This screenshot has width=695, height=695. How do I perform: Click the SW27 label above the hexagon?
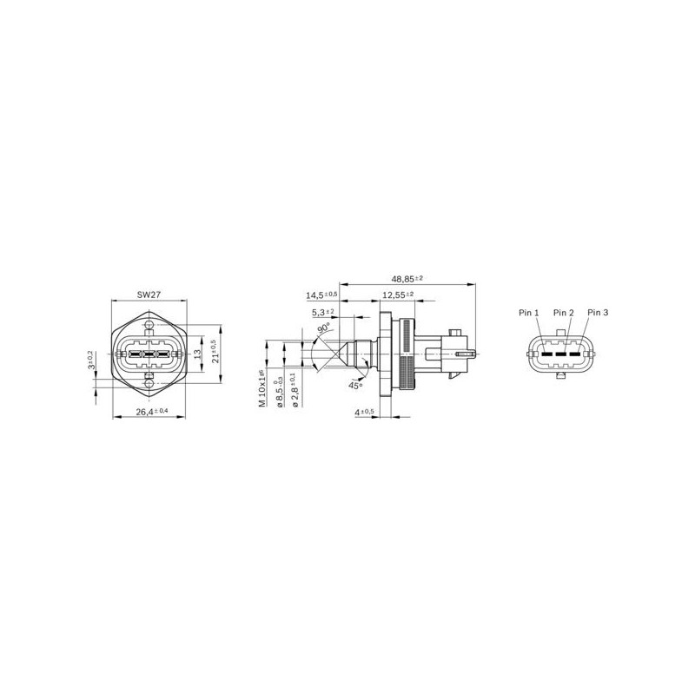click(x=149, y=295)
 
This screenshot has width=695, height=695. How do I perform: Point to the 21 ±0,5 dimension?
click(x=215, y=354)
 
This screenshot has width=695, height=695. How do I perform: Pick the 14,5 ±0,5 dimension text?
click(x=321, y=295)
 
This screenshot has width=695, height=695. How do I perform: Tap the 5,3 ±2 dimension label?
click(x=326, y=312)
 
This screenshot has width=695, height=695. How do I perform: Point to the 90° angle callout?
click(x=323, y=329)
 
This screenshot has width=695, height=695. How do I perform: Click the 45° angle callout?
click(x=354, y=385)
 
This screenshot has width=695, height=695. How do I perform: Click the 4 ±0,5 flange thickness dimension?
click(x=365, y=411)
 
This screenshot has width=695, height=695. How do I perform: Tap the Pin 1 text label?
click(x=530, y=312)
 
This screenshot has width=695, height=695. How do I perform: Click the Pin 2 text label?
click(x=564, y=312)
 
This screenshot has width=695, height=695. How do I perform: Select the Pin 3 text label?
click(x=598, y=312)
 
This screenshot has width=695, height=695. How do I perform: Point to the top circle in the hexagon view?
click(x=149, y=327)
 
